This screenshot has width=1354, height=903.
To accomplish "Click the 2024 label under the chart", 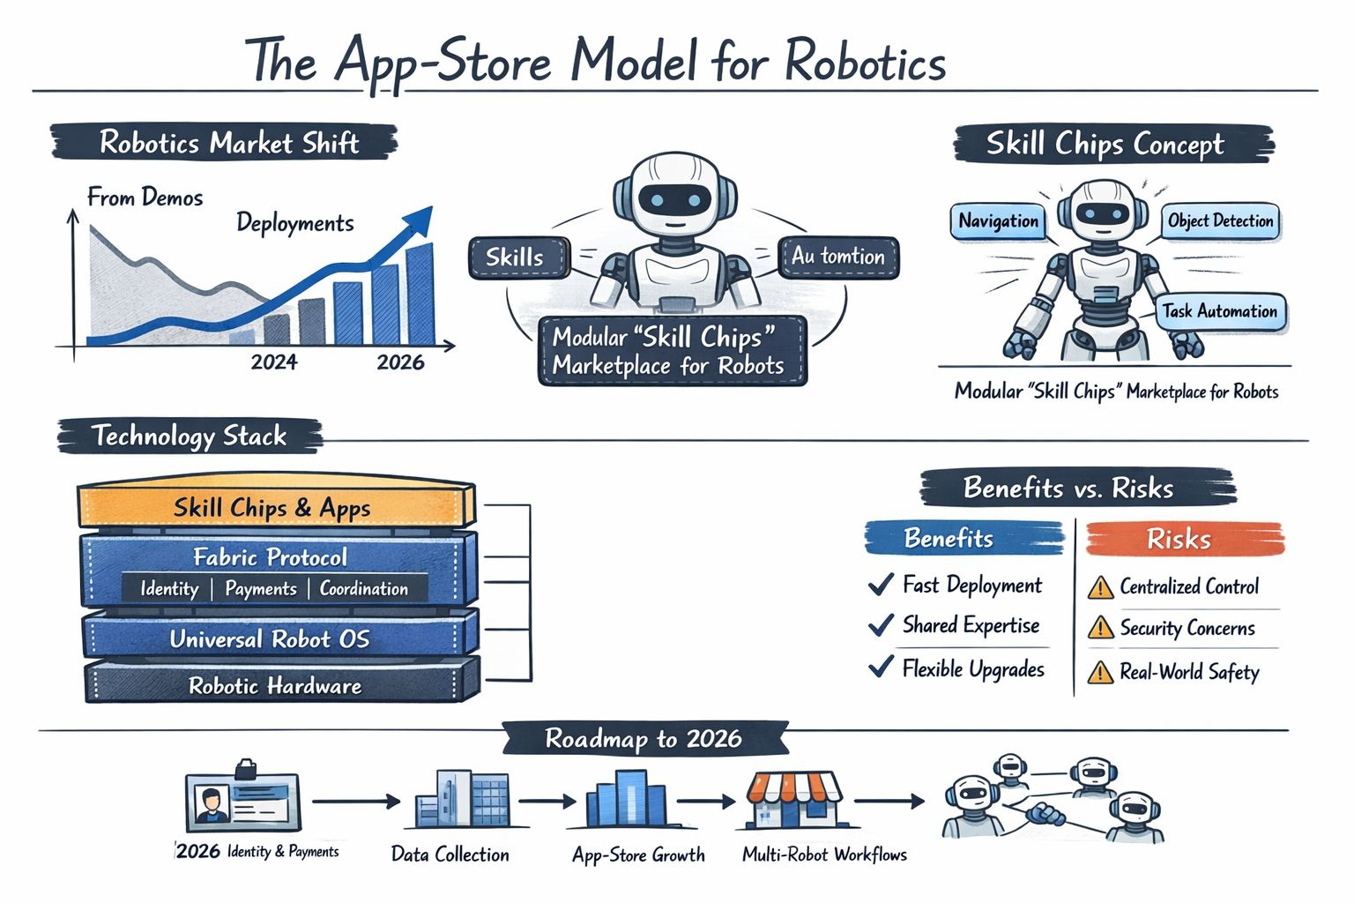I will click(273, 362).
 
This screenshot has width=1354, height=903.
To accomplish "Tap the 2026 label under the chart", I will click(400, 362).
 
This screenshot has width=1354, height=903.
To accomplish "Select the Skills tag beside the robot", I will click(516, 257).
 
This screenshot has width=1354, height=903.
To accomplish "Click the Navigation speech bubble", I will click(998, 221).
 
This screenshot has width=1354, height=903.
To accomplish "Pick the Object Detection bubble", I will click(1220, 220).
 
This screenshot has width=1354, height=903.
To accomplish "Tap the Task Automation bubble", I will click(1219, 311).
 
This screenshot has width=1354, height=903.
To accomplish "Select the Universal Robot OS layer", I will click(270, 639).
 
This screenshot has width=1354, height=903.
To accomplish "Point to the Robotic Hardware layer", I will click(275, 686).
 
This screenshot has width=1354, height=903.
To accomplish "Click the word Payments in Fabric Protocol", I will click(260, 589).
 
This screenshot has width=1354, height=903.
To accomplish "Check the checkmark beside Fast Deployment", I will click(881, 585).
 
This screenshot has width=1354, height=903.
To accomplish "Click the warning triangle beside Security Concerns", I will click(1100, 628).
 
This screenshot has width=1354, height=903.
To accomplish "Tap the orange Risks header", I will click(1179, 539).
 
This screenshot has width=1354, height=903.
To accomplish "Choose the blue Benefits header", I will click(949, 538).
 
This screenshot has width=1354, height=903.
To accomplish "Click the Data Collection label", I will click(450, 854).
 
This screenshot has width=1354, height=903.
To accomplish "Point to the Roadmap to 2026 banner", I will click(644, 739).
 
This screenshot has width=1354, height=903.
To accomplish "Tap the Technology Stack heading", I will click(189, 436).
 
